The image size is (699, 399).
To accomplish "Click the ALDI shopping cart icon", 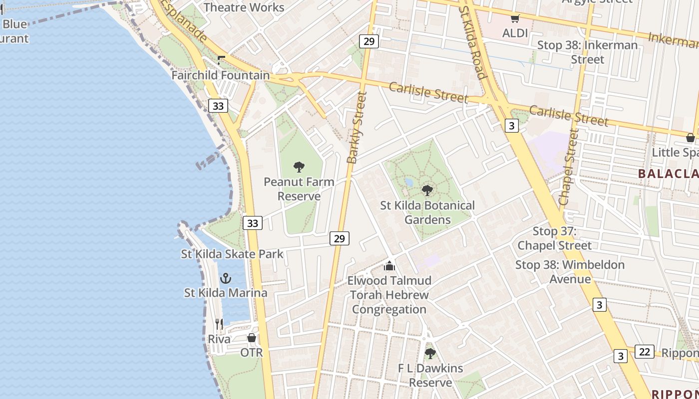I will (515, 19).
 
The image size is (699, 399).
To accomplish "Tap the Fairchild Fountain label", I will (220, 75).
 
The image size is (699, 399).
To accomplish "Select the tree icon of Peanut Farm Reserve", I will (299, 167).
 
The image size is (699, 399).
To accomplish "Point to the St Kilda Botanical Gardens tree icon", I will (427, 190).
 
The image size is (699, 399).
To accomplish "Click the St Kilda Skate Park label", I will (232, 254).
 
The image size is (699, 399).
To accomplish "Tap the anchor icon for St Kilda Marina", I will (226, 278).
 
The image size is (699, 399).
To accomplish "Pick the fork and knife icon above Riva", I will (219, 324).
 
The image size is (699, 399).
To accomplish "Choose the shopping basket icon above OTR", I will (252, 338).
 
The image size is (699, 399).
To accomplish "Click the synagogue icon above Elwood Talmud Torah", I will (389, 265).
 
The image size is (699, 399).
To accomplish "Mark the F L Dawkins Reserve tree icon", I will (430, 354).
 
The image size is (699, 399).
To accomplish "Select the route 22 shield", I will (645, 352).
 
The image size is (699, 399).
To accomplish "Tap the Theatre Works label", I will (244, 7).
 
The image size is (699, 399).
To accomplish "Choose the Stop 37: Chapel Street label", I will (554, 238).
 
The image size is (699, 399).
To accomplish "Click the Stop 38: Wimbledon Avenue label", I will (570, 272).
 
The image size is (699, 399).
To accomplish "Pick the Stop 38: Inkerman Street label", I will (587, 52).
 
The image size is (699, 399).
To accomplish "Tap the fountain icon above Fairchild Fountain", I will (221, 60).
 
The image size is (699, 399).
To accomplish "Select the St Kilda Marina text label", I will (226, 293).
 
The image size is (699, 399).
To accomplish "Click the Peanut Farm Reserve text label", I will (299, 189).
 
